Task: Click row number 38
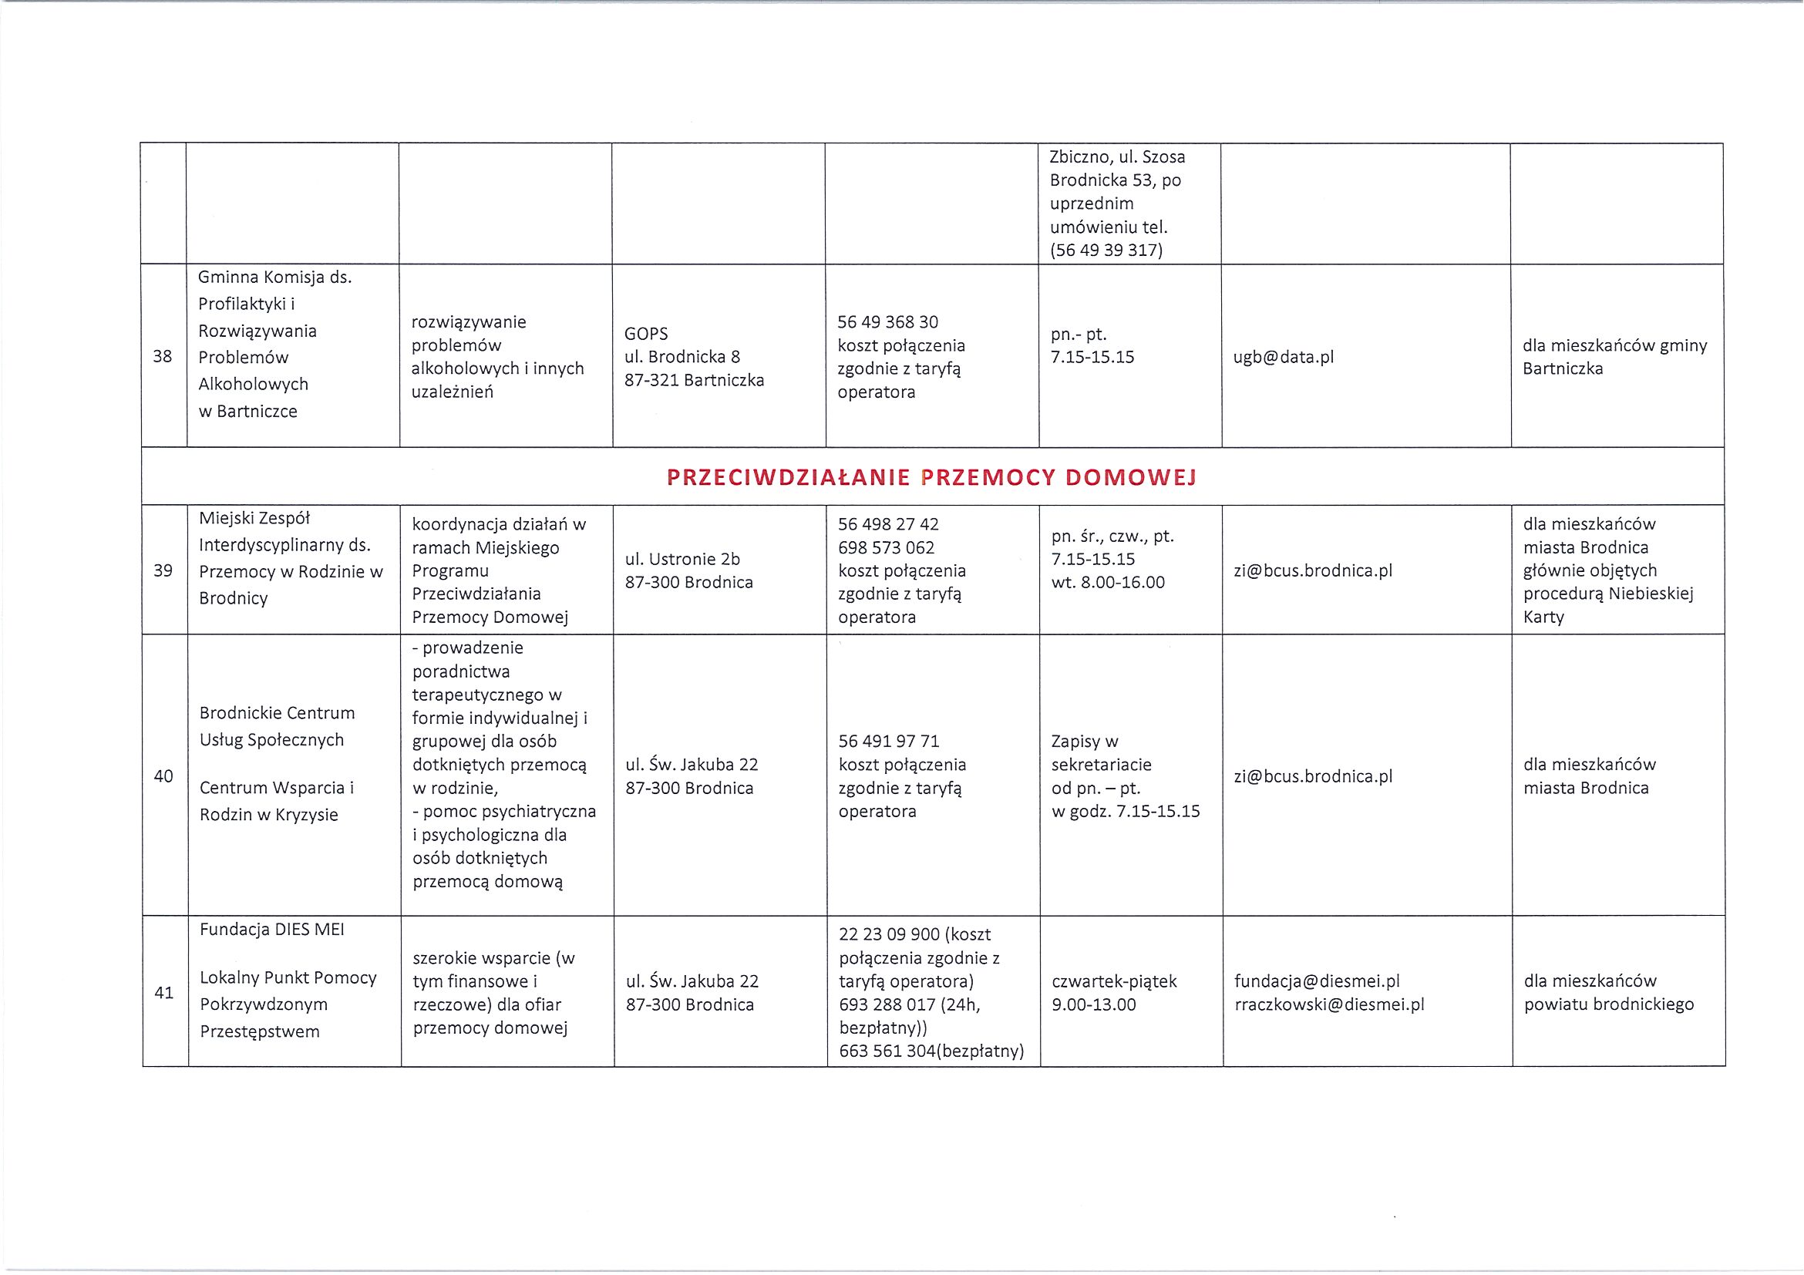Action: click(163, 357)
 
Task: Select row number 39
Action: click(163, 570)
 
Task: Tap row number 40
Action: click(163, 776)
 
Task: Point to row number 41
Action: click(163, 993)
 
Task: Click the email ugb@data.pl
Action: click(1283, 358)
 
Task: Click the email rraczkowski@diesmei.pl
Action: click(1328, 1004)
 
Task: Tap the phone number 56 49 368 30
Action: click(888, 322)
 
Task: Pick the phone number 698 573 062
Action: click(887, 547)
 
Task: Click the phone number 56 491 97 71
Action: click(889, 741)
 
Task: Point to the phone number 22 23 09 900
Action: click(890, 934)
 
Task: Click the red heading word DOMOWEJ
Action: click(1130, 477)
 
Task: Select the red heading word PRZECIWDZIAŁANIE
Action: click(788, 477)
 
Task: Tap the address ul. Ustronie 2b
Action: click(682, 560)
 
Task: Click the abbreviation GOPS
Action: click(646, 334)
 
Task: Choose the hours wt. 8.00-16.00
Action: click(1108, 582)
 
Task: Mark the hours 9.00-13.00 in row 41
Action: click(1094, 1004)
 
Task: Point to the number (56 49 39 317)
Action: click(1106, 250)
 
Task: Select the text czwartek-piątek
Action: click(1114, 981)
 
